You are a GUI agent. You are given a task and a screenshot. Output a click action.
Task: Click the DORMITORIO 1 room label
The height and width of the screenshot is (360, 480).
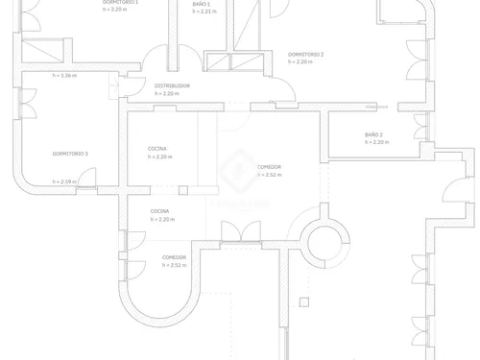coord(121,3)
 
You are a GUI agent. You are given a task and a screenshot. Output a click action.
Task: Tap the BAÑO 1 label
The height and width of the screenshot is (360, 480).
coord(202,4)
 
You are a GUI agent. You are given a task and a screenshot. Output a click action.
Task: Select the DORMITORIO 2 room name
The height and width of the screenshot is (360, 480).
coord(306,55)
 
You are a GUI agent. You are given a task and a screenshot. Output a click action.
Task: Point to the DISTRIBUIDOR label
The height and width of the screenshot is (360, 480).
coord(173,85)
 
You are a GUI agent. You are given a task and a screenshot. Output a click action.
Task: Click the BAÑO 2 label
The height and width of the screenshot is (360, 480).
coord(374,134)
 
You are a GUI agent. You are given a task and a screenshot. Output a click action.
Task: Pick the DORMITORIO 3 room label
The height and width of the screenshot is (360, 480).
coord(70,154)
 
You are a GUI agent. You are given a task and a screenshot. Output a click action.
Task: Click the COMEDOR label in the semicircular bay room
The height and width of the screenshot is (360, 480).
coord(174,257)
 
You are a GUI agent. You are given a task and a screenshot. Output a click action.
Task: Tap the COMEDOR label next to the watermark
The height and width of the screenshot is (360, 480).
coord(270,167)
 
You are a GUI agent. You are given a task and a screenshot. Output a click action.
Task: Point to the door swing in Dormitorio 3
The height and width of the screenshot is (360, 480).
coord(86,177)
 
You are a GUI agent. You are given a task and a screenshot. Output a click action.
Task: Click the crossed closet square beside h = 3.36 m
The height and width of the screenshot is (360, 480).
coord(39,53)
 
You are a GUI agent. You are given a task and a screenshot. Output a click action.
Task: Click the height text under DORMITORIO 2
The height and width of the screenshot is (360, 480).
coord(306,62)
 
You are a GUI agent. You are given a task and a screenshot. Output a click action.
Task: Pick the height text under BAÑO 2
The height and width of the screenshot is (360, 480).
coord(375,142)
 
